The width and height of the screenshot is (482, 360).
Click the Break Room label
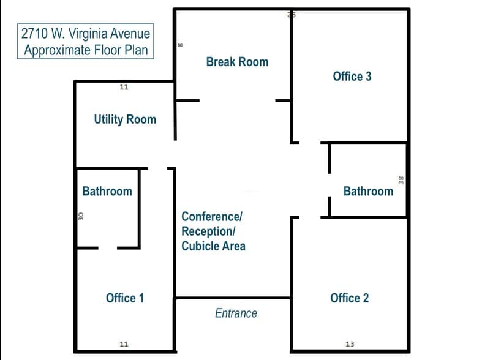(x=237, y=62)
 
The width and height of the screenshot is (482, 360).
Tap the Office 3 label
(x=352, y=77)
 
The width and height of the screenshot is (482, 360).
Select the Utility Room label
(x=125, y=119)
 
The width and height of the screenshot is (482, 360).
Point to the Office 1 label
(x=125, y=298)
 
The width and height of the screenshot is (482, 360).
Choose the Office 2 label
(x=349, y=298)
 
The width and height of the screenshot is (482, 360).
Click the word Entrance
(x=236, y=313)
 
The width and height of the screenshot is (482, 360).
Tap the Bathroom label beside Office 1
(x=107, y=191)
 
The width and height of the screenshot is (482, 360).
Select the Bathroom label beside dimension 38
(x=368, y=191)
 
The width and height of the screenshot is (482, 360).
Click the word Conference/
(x=212, y=217)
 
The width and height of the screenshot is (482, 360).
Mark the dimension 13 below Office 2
(x=350, y=344)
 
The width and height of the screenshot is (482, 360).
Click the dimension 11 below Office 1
(x=124, y=344)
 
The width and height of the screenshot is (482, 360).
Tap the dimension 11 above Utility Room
(x=124, y=88)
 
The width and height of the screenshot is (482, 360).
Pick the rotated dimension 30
(x=80, y=216)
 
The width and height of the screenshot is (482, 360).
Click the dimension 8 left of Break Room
(x=181, y=45)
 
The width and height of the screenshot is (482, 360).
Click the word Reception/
(x=208, y=231)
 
